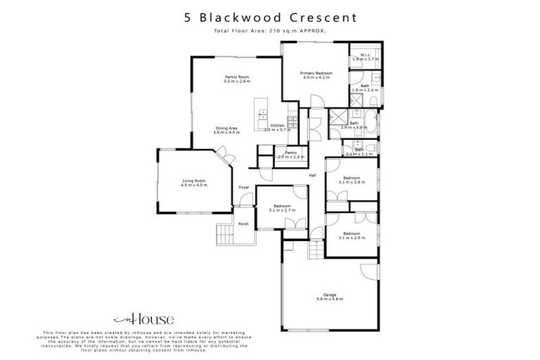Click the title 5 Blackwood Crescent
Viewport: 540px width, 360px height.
[271, 16]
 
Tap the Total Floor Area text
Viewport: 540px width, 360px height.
[270, 31]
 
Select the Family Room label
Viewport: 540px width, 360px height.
[237, 77]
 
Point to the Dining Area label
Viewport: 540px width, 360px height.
[227, 127]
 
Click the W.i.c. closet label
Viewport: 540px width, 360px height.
[365, 55]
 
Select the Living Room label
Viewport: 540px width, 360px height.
[193, 180]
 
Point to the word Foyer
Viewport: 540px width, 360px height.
[244, 187]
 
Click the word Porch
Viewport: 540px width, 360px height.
[244, 224]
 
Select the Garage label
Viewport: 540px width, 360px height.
[329, 294]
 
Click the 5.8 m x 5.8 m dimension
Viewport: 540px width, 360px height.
[329, 300]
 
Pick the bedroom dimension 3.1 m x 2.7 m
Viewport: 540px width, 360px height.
[282, 210]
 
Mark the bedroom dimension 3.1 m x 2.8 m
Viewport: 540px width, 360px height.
[351, 182]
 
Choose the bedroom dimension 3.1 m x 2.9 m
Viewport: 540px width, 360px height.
[351, 238]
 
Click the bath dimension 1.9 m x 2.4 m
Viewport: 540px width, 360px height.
[365, 90]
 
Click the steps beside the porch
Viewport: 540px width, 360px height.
[225, 232]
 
